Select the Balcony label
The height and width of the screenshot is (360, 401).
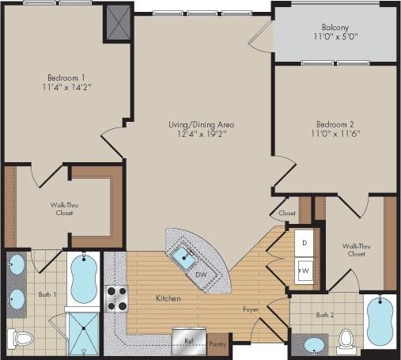[335, 27]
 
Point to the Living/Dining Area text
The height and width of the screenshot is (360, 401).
[201, 125]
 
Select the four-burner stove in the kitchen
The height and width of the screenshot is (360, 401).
[117, 298]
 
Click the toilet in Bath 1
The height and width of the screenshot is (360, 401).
[22, 339]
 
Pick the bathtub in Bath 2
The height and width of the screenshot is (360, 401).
[380, 322]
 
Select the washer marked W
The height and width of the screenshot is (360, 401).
[305, 271]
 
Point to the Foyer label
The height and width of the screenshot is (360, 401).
[252, 309]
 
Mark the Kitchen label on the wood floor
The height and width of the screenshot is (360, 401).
[168, 298]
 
